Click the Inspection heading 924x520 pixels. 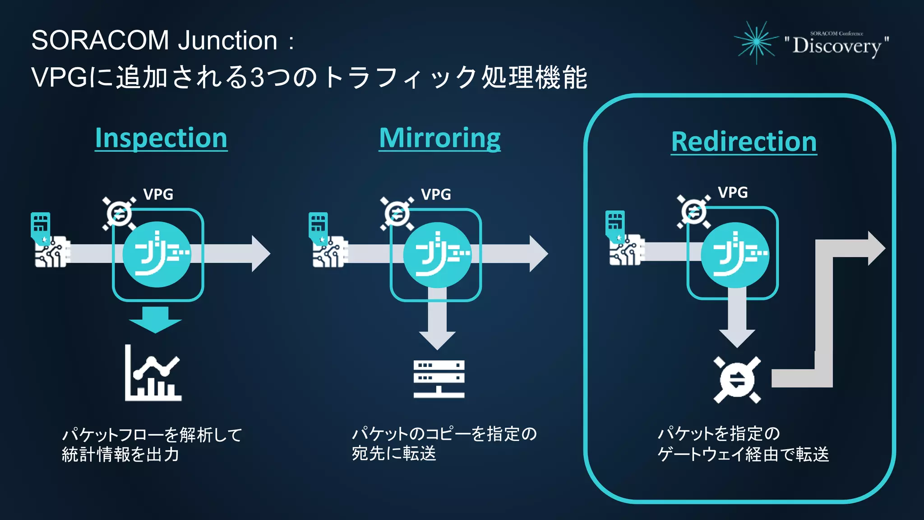point(161,138)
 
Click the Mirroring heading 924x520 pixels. point(439,138)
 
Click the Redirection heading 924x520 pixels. point(744,142)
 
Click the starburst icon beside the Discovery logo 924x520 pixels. point(757,42)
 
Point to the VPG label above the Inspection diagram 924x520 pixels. point(158,194)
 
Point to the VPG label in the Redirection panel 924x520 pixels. point(733,192)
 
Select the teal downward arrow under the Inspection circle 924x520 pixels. point(155,319)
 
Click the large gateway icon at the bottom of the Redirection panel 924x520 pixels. point(737,380)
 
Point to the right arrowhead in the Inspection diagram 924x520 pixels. point(260,253)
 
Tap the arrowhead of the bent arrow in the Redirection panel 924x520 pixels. point(875,248)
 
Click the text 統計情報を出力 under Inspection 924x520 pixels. point(120,454)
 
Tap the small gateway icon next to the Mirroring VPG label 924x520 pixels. point(397,214)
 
